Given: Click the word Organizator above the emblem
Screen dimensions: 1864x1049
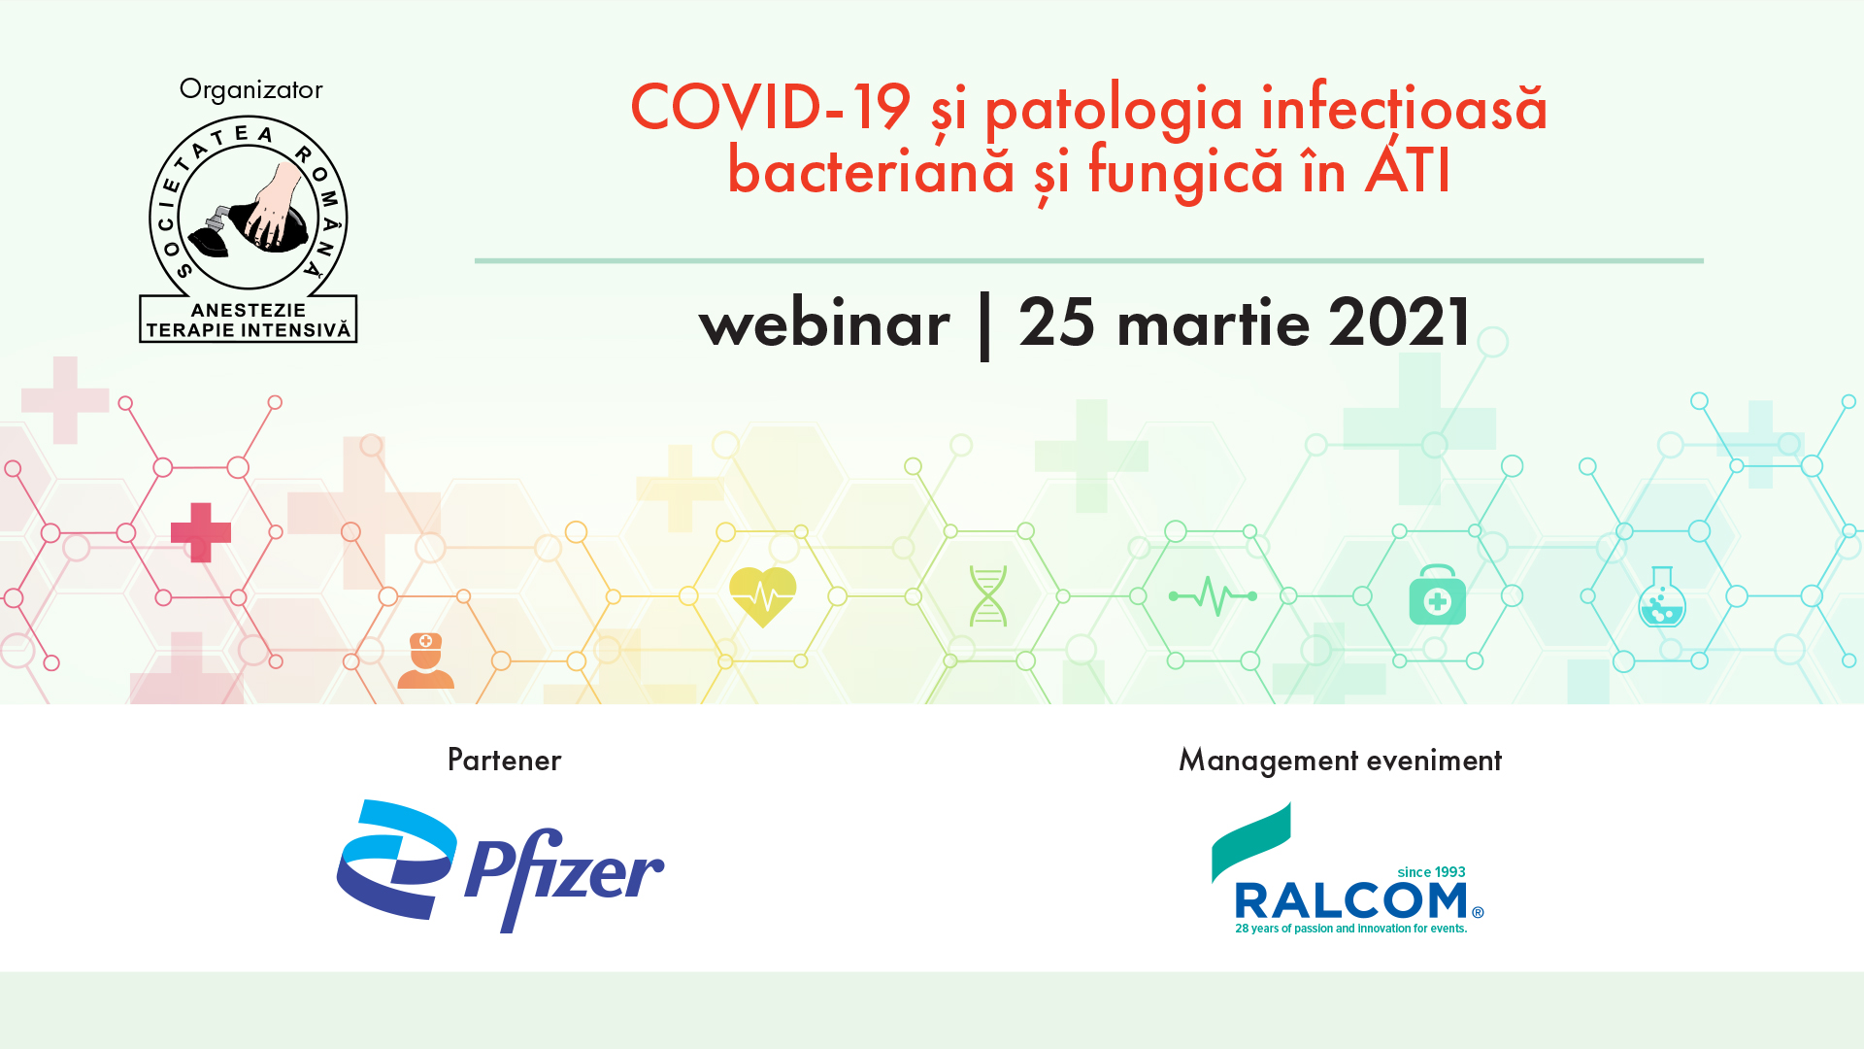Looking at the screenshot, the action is [x=250, y=90].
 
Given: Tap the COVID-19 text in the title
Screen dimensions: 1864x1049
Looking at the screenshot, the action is [x=770, y=107].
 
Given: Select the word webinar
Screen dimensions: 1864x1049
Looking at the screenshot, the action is [x=824, y=323].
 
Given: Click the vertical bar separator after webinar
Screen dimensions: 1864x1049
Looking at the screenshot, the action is [x=984, y=325].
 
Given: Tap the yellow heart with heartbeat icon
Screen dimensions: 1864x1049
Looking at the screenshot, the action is [x=763, y=596].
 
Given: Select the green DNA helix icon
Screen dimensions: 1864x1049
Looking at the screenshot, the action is [x=988, y=595].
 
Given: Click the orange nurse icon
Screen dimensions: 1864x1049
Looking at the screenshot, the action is [x=425, y=660].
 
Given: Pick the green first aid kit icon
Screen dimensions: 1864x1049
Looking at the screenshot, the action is [x=1438, y=594].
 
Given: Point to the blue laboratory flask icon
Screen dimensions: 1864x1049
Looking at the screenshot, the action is [x=1662, y=596].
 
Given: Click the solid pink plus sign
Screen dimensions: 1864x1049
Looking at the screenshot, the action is [x=201, y=532].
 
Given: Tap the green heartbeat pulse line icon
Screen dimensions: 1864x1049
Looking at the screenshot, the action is [x=1213, y=595].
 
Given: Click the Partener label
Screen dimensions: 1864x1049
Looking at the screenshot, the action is [x=504, y=760].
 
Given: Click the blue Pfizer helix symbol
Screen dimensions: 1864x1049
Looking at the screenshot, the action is [x=397, y=860].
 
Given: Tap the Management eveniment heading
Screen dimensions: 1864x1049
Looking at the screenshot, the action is [x=1340, y=761].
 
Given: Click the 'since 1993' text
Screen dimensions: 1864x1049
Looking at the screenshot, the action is [x=1431, y=872].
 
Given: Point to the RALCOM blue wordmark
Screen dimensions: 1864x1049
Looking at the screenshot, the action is [x=1351, y=900].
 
